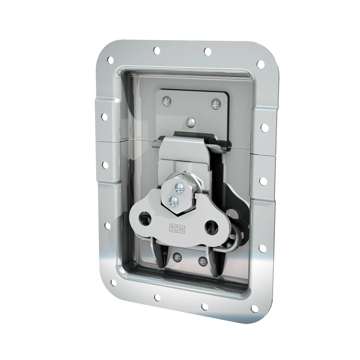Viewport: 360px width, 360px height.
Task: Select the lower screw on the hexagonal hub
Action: [174, 200]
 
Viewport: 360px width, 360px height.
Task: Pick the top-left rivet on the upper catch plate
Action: [166, 101]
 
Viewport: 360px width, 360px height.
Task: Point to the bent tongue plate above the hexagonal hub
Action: [186, 152]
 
